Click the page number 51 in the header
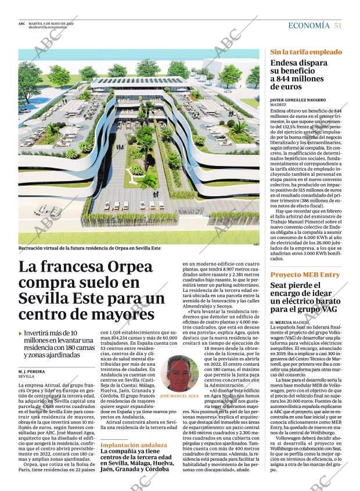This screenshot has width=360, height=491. (337, 26)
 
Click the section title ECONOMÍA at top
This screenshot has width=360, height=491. (309, 26)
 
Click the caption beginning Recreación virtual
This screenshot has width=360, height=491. (89, 248)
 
